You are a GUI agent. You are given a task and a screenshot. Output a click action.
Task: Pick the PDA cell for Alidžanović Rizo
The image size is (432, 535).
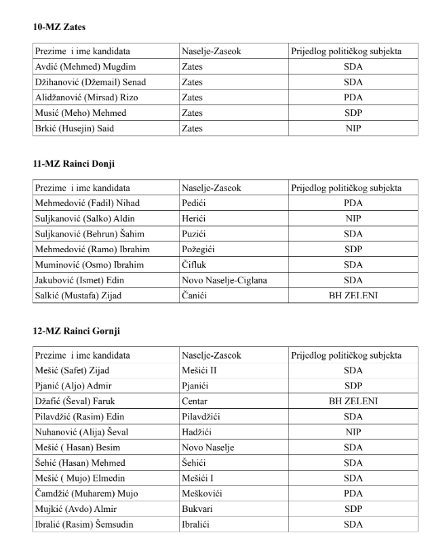(353, 98)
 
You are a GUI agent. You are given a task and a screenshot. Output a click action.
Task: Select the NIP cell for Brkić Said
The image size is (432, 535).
(353, 128)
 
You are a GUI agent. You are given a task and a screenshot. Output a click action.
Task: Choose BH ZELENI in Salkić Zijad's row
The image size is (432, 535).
(353, 295)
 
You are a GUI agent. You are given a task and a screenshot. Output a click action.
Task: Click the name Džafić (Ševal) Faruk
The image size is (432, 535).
(75, 401)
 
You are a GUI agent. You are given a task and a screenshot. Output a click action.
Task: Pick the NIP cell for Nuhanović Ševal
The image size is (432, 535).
(353, 432)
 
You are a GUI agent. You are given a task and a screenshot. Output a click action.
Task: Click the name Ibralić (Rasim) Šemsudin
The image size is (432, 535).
(84, 523)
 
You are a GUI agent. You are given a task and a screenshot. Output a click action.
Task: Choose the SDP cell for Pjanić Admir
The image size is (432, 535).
(353, 386)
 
